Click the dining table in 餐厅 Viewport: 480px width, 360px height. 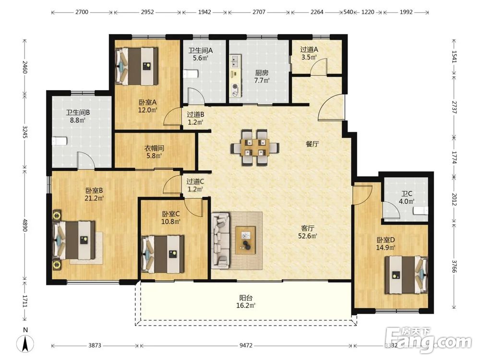255,147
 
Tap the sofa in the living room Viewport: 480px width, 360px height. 220,240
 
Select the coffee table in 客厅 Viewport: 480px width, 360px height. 245,240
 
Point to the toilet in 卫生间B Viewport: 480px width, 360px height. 60,141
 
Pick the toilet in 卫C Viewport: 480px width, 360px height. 420,211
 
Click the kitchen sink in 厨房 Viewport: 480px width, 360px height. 235,60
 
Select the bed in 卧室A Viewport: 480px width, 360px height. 136,66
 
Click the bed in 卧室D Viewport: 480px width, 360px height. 406,275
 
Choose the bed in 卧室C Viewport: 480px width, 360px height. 163,254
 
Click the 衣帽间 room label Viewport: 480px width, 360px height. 154,148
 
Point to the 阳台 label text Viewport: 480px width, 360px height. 246,298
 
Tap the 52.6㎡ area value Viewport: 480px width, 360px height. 308,236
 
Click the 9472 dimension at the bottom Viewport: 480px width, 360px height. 246,346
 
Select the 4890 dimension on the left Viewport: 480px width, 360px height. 25,225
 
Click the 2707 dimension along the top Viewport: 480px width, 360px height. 259,12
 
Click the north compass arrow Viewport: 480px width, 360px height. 26,343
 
